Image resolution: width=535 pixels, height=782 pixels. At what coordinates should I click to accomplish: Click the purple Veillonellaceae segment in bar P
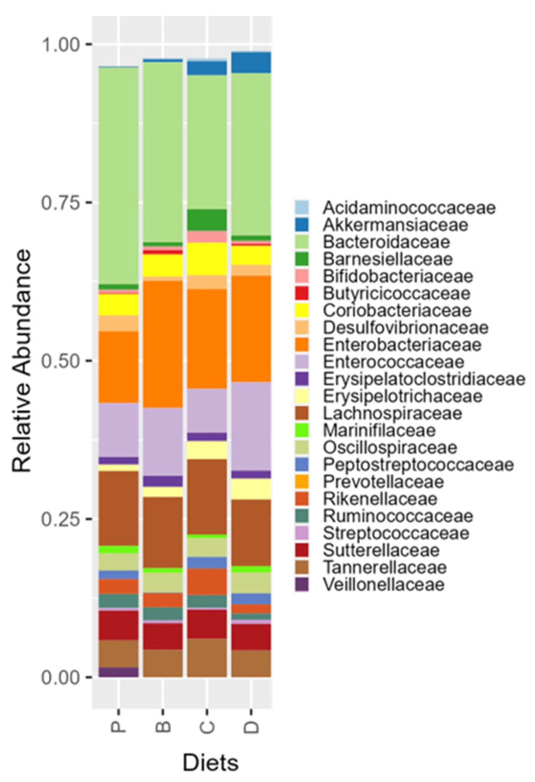click(x=118, y=672)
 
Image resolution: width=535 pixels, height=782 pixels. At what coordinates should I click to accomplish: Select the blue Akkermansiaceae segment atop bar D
click(x=251, y=62)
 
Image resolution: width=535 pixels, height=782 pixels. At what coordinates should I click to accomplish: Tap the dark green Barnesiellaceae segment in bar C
click(x=207, y=220)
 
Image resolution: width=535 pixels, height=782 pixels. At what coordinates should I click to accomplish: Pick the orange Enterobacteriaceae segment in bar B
click(x=163, y=344)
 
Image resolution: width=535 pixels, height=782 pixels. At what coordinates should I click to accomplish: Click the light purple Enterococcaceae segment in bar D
click(x=251, y=426)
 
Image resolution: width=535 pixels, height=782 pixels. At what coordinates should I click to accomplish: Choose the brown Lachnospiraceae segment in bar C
click(x=207, y=496)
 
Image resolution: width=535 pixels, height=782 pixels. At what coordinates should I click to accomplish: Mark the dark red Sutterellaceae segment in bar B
click(x=163, y=636)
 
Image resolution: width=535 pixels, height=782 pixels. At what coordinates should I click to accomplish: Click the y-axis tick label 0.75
click(x=60, y=202)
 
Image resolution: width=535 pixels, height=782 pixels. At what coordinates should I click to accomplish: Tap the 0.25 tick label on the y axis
click(x=60, y=519)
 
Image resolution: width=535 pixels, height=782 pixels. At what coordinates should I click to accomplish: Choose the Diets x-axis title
click(x=210, y=763)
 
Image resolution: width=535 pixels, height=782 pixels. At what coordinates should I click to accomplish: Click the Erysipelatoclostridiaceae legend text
click(x=424, y=379)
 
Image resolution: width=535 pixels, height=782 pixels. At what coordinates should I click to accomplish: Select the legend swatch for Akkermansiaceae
click(x=302, y=225)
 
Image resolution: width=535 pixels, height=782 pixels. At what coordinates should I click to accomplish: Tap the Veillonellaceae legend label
click(x=383, y=585)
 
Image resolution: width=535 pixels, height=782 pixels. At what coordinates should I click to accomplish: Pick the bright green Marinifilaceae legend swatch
click(x=302, y=430)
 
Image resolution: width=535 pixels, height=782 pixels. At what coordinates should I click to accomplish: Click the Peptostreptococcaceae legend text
click(x=418, y=464)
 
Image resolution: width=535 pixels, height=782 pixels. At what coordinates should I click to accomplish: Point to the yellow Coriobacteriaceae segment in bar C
click(x=207, y=258)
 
